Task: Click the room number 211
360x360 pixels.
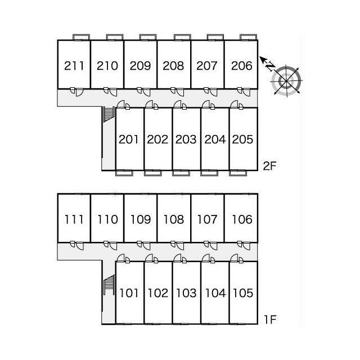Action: pos(74,66)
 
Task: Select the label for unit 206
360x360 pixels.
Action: pos(241,66)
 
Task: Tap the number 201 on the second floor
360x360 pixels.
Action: pos(129,139)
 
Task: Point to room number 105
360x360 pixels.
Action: pos(243,293)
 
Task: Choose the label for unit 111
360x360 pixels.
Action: pos(74,219)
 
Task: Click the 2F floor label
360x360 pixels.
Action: pos(269,166)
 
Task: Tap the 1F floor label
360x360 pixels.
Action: pos(270,319)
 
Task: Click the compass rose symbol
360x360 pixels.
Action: pos(286,80)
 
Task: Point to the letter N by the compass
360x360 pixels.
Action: pos(271,66)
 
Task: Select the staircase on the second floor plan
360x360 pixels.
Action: pos(109,114)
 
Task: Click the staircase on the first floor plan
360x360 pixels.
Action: pos(109,285)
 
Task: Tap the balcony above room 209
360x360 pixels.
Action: pos(148,38)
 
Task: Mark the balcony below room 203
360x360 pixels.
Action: pos(181,173)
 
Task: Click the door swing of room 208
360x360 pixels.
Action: pos(180,92)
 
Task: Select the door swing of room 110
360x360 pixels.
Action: pos(113,246)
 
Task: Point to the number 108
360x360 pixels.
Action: pos(174,219)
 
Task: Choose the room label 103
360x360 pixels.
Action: pos(186,293)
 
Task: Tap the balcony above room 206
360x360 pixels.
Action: pos(248,38)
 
